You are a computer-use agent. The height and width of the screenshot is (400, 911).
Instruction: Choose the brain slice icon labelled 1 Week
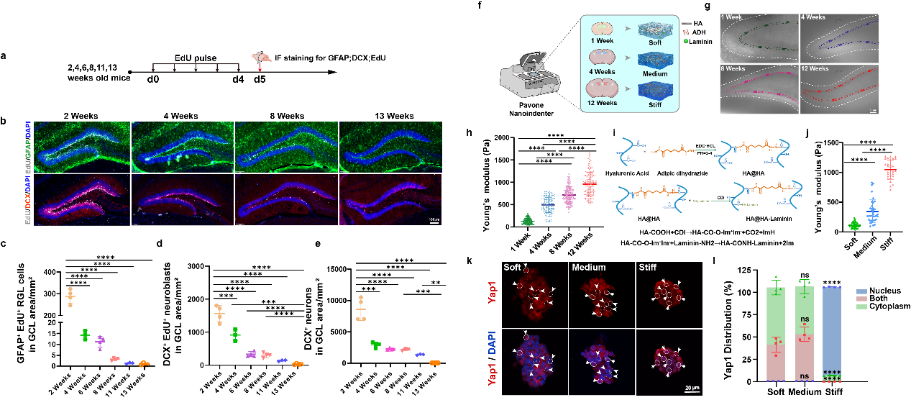tap(602, 29)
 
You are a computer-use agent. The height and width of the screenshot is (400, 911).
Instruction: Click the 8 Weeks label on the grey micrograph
tap(733, 69)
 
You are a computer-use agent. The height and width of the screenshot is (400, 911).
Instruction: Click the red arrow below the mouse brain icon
tap(260, 68)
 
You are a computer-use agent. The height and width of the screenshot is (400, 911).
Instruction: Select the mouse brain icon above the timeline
tap(260, 57)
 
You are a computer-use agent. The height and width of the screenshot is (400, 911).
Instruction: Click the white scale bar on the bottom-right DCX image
tap(434, 222)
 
